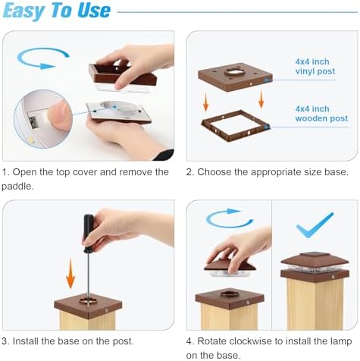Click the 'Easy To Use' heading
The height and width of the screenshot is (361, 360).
(x=57, y=11)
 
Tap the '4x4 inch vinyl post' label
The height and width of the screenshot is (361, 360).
(x=315, y=67)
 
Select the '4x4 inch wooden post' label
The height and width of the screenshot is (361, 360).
(x=321, y=114)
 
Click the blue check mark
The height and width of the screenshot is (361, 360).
(x=315, y=225)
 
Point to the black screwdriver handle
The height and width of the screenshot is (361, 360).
(x=89, y=233)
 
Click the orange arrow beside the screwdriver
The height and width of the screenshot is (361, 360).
(x=70, y=274)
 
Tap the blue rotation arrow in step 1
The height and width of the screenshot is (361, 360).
(x=43, y=58)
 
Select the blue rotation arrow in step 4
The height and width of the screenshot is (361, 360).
(x=229, y=218)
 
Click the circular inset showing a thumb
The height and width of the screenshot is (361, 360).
(x=43, y=119)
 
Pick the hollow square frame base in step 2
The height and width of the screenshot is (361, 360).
(x=236, y=125)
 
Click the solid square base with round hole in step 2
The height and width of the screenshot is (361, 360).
(x=235, y=77)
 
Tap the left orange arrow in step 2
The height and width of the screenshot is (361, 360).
(x=206, y=102)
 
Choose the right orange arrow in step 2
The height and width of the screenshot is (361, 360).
(x=261, y=99)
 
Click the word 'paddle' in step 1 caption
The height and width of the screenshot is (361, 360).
(x=17, y=187)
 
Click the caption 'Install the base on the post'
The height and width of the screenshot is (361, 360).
(x=73, y=341)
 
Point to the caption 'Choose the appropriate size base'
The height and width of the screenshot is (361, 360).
(x=273, y=172)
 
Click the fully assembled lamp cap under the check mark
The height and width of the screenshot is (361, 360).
(x=315, y=268)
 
